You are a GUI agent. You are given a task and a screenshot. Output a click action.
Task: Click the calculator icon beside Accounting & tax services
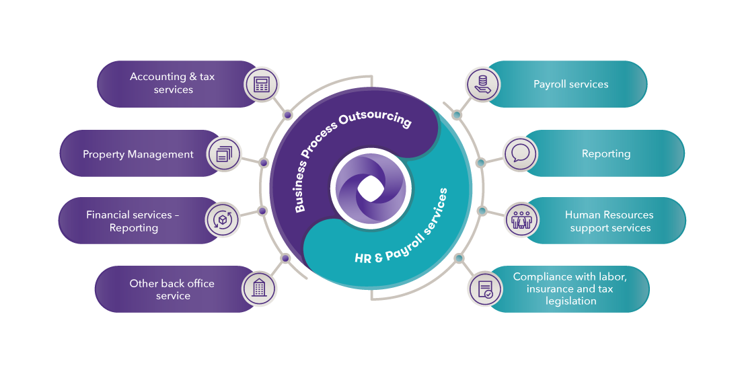tap(261, 85)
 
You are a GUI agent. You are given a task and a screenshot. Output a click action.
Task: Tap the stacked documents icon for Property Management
tap(223, 154)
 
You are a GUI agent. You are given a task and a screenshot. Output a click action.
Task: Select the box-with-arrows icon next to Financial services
tap(222, 220)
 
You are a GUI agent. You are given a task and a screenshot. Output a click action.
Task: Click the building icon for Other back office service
tap(259, 289)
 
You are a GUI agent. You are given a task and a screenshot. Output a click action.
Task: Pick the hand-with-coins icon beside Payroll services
tap(482, 85)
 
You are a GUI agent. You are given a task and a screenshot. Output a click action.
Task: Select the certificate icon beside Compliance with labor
tap(485, 289)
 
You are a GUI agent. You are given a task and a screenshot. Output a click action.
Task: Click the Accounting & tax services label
tap(173, 83)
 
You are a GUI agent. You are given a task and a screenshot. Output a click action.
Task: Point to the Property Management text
tap(138, 154)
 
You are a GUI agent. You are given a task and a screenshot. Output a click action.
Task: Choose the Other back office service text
tap(172, 289)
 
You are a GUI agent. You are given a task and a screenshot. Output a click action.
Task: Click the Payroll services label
tap(570, 84)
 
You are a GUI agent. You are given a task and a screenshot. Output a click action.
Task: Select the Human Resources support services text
tap(609, 221)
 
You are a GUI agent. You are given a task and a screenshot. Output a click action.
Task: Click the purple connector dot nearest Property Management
tap(264, 163)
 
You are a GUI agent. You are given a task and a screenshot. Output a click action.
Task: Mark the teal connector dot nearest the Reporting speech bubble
tap(480, 163)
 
